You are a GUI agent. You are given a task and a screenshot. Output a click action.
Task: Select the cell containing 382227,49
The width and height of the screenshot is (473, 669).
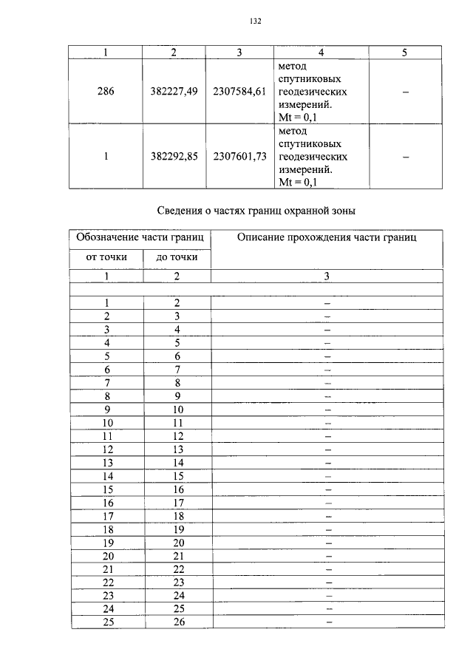tap(172, 91)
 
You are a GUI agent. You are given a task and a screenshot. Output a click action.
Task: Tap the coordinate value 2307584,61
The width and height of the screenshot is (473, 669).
tap(239, 91)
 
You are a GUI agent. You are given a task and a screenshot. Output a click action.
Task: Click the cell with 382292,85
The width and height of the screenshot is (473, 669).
tap(172, 157)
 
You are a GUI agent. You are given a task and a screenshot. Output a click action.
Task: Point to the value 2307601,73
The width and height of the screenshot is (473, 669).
tap(239, 157)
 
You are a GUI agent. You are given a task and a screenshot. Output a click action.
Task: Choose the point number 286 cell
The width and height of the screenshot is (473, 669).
tap(106, 91)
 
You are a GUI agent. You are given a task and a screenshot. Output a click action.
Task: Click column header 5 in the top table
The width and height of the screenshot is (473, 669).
tap(404, 52)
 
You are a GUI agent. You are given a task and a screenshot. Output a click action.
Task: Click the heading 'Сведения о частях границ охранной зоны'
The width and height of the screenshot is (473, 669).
tap(257, 211)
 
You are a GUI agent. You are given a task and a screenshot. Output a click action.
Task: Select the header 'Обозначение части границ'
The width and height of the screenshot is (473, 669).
tap(141, 237)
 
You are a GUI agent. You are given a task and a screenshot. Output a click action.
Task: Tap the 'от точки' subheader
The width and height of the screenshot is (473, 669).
tap(106, 257)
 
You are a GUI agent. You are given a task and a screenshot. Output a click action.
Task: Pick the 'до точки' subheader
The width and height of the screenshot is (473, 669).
tap(177, 257)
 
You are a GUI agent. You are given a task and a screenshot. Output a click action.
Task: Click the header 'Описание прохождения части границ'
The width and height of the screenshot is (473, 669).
tap(327, 237)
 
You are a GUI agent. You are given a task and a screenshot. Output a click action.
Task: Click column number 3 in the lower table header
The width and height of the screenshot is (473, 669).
tap(327, 276)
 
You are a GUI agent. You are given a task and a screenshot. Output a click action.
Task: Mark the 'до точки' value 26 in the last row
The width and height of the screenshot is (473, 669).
tap(177, 622)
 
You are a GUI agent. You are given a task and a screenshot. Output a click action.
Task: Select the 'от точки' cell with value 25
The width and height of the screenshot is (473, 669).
tap(107, 622)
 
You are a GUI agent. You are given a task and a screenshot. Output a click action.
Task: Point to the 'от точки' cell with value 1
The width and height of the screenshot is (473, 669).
tap(107, 302)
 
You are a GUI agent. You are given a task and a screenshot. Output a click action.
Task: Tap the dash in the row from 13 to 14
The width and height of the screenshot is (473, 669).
tap(327, 462)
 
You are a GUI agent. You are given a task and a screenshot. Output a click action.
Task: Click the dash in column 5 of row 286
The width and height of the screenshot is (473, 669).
tap(404, 92)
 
